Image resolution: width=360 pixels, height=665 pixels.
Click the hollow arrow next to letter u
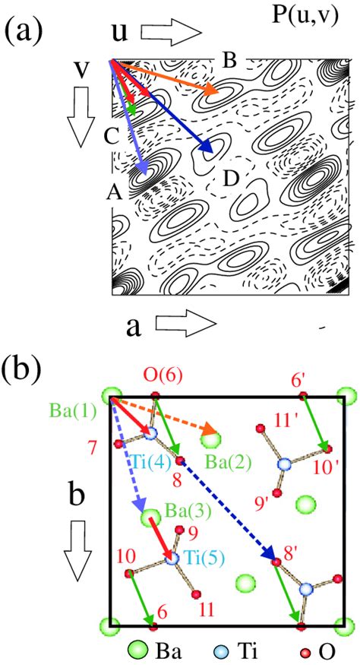click(170, 33)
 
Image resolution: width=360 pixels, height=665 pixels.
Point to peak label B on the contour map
click(230, 62)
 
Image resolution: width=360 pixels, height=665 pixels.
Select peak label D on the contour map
click(231, 179)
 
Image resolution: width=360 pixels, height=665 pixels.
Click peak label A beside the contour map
click(115, 193)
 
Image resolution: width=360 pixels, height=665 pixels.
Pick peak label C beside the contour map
click(112, 137)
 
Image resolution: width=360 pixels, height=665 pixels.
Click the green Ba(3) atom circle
click(150, 518)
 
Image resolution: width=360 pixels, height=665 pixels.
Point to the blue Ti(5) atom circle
click(172, 558)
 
